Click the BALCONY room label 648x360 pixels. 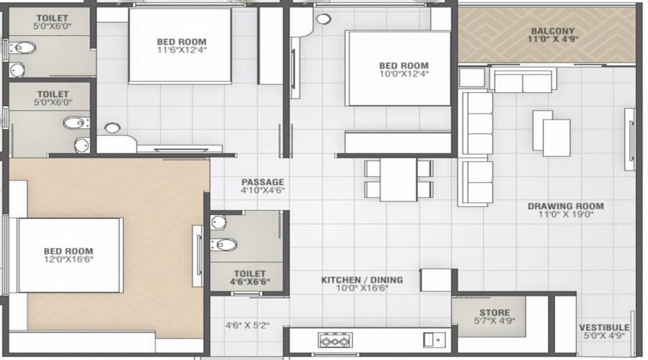552,31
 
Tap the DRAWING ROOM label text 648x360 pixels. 565,206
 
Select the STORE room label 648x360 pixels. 494,312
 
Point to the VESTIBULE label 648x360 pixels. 604,328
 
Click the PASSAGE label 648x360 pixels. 263,182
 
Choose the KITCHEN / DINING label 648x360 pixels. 362,280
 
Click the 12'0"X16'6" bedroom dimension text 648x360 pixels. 68,260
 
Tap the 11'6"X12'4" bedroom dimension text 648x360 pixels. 181,50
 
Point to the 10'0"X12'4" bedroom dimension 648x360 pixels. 404,74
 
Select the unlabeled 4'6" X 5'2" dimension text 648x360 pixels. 247,325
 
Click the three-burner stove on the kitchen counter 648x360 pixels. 335,341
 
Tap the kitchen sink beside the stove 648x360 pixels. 434,340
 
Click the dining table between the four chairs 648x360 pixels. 398,179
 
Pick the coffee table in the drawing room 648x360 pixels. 552,133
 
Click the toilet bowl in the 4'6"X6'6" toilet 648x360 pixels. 224,245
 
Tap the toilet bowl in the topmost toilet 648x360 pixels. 22,48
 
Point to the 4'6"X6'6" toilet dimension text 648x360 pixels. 250,282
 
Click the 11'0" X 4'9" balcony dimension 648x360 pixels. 552,40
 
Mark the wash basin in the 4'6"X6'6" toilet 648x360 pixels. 219,222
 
